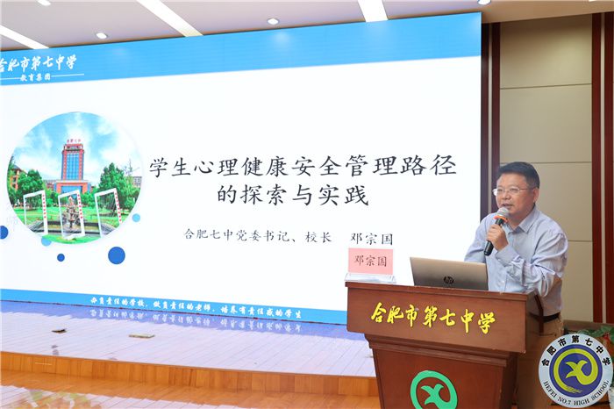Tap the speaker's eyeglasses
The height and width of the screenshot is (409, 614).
click(510, 190)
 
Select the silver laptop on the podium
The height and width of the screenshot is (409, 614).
click(448, 273)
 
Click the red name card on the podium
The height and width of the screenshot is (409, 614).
click(370, 262)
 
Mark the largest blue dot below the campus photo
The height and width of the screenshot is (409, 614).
click(116, 255)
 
